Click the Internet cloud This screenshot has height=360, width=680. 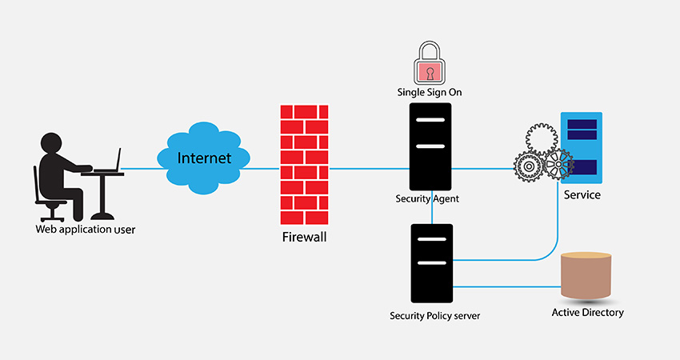pyautogui.click(x=204, y=158)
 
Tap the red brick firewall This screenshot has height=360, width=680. pyautogui.click(x=304, y=166)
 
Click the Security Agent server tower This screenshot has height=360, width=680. pyautogui.click(x=431, y=146)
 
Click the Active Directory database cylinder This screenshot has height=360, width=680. pyautogui.click(x=588, y=277)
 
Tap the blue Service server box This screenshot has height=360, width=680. pyautogui.click(x=582, y=147)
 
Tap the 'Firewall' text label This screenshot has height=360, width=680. pyautogui.click(x=305, y=238)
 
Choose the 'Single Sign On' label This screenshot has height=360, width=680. pyautogui.click(x=430, y=92)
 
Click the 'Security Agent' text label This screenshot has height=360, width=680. pyautogui.click(x=427, y=198)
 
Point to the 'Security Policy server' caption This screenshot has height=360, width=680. pyautogui.click(x=434, y=315)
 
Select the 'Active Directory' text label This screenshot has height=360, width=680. pyautogui.click(x=588, y=312)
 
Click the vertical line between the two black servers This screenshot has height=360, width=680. pyautogui.click(x=432, y=210)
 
